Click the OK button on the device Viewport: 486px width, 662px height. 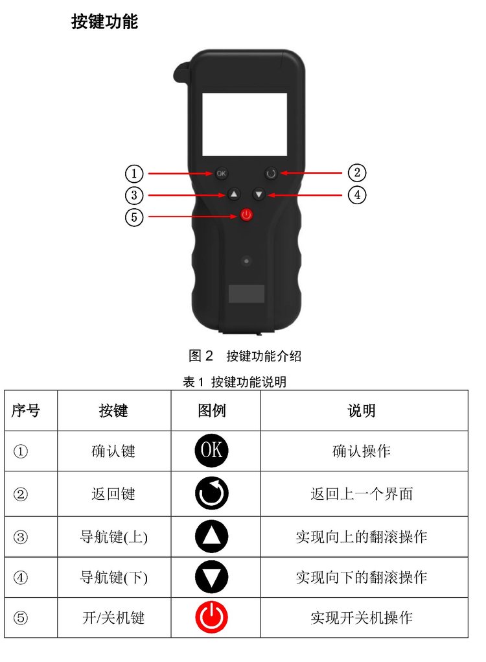[221, 173]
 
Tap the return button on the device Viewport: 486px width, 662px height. [271, 173]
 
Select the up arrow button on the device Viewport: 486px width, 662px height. [234, 195]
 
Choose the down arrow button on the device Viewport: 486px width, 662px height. [259, 195]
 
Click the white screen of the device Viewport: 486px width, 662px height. [245, 124]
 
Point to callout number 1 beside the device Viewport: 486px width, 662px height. [134, 174]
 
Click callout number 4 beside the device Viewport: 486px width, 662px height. [357, 195]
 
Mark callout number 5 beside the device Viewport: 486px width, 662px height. [134, 217]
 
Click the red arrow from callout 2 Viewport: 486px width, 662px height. [310, 172]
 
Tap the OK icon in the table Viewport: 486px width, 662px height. [211, 451]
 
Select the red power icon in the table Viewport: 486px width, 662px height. [211, 617]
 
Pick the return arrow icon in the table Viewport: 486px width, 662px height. [211, 493]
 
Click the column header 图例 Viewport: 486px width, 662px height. [212, 410]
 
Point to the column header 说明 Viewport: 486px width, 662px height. [362, 410]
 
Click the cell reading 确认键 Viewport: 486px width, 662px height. [113, 451]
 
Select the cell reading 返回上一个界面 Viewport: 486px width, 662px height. [362, 493]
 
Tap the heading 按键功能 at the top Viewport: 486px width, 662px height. [104, 21]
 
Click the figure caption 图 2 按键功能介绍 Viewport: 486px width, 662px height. [245, 356]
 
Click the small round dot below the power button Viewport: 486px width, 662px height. [246, 261]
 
